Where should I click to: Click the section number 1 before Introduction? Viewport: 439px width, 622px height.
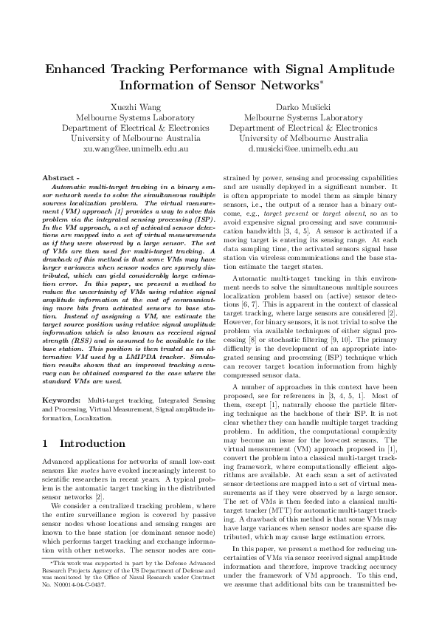click(x=46, y=444)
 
